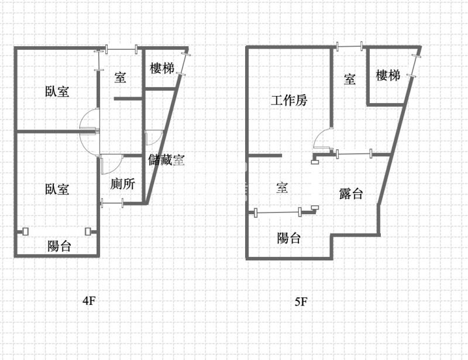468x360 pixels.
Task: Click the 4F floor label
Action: (x=89, y=300)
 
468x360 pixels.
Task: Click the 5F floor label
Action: (x=301, y=301)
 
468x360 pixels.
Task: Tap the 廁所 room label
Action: (x=122, y=184)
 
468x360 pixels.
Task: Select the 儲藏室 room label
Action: (x=166, y=160)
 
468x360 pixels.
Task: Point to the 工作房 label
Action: (x=289, y=100)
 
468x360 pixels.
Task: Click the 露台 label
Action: (x=351, y=194)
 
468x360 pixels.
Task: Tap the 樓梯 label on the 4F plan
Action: (x=162, y=68)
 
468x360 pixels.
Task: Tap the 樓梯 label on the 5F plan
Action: (x=388, y=76)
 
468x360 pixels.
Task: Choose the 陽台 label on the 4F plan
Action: (x=59, y=246)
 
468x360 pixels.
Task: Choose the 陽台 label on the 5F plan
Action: (x=288, y=238)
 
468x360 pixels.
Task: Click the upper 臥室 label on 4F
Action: (x=57, y=91)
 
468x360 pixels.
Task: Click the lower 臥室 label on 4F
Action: (x=57, y=190)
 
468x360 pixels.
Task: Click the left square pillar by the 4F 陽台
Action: (x=25, y=232)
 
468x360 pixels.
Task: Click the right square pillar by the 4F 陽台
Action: (x=88, y=232)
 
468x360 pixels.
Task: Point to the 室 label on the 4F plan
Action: (x=120, y=77)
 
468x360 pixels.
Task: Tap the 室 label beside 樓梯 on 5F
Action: (x=350, y=79)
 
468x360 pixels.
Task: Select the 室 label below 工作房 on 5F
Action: (x=282, y=188)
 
